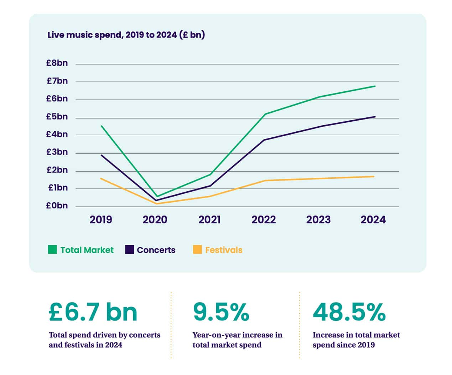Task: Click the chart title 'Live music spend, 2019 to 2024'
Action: point(126,35)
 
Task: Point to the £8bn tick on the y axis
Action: point(57,63)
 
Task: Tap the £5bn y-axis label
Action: point(57,117)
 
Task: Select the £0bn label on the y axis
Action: point(57,206)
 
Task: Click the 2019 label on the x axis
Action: point(101,219)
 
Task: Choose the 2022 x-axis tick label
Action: point(264,219)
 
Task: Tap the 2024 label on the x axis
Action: point(373,219)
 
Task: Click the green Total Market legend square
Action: point(52,249)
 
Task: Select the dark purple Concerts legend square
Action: point(129,249)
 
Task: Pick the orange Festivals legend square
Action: point(197,249)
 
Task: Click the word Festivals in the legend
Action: point(224,250)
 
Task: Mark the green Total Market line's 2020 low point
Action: point(157,197)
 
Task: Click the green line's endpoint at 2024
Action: point(375,86)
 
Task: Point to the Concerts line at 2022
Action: point(264,140)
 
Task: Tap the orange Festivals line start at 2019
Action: point(101,178)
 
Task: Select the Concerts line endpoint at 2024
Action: point(375,117)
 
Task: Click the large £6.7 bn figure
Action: point(93,312)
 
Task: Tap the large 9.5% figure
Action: point(221,312)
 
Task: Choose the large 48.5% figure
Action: point(349,312)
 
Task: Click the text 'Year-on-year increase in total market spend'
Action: point(237,340)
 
